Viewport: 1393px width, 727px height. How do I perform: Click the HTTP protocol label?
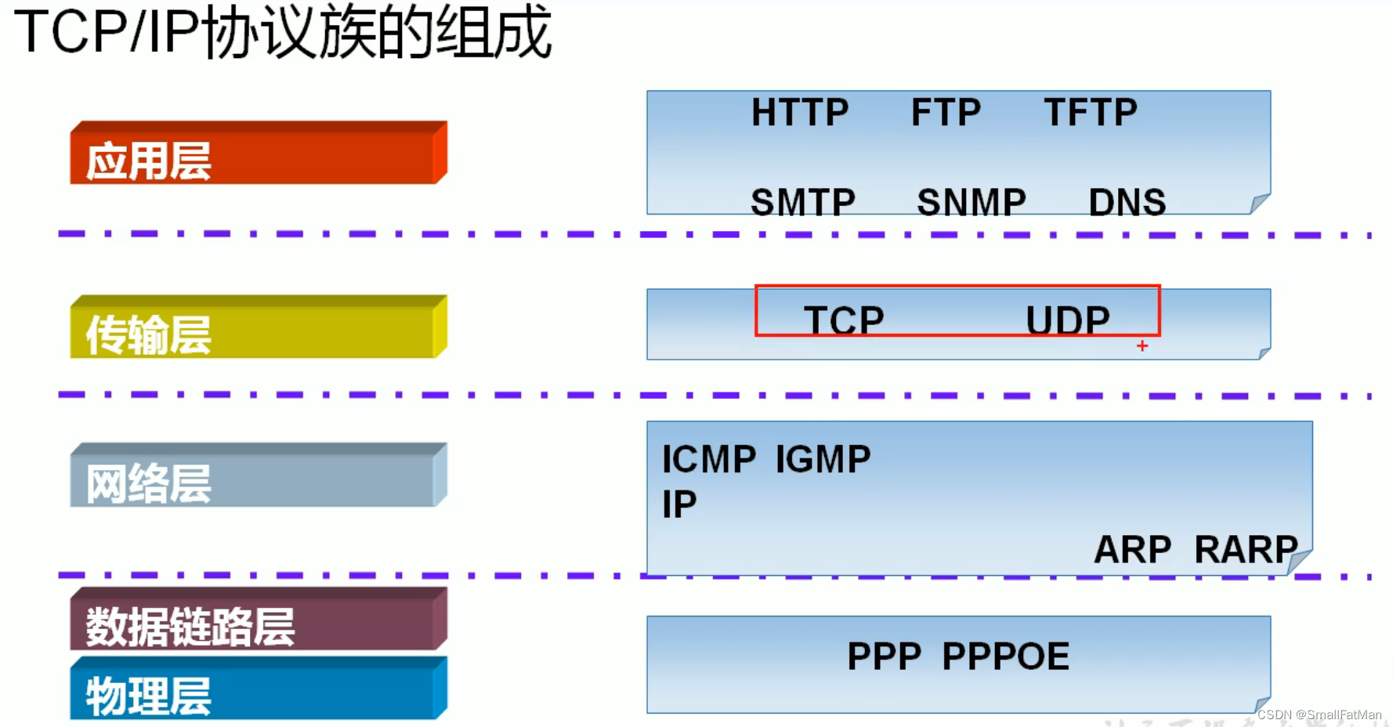click(800, 113)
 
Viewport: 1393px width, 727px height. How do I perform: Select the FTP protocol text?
click(946, 113)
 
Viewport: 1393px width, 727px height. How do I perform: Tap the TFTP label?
click(1090, 113)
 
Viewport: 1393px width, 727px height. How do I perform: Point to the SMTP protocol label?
click(802, 202)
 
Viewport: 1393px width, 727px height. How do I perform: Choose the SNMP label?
click(971, 202)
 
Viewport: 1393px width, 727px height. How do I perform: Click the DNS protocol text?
click(1127, 202)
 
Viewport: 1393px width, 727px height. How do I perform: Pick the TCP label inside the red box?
click(844, 320)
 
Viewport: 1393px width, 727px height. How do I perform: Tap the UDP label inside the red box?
click(1068, 320)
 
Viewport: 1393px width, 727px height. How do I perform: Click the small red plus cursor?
click(1142, 345)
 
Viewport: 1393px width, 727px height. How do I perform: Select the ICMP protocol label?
click(709, 459)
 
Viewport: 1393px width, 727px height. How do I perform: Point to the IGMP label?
click(823, 459)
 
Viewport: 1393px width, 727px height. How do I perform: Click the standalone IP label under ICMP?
click(679, 505)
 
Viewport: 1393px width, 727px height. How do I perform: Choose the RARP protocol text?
click(1246, 549)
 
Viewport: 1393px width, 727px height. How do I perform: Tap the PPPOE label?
click(1005, 656)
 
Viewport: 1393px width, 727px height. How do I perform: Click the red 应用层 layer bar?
click(259, 157)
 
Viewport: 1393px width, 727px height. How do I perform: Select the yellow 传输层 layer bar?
click(259, 331)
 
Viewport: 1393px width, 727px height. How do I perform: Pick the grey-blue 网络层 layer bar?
click(259, 479)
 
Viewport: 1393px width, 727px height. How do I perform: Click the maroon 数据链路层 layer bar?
click(259, 622)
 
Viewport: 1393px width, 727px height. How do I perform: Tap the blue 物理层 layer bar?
click(259, 691)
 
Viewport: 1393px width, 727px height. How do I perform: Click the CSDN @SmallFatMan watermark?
click(1319, 714)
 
